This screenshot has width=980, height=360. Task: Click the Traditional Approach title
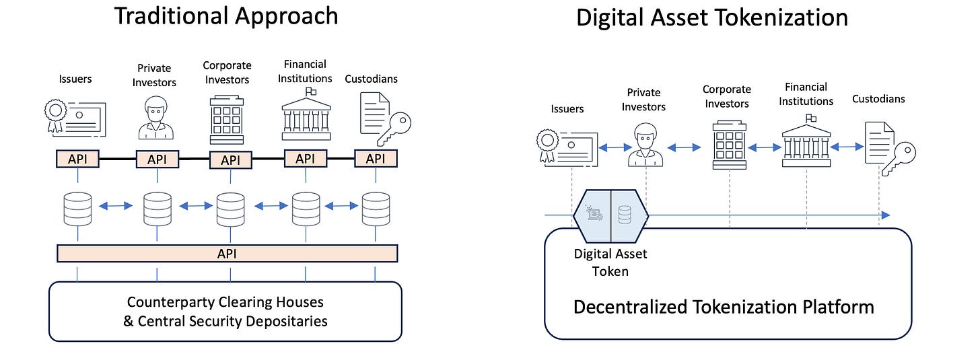tap(225, 15)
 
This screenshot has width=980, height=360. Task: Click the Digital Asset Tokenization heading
tap(711, 17)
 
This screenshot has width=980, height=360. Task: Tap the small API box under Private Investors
tap(157, 159)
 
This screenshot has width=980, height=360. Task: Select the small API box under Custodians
tap(375, 159)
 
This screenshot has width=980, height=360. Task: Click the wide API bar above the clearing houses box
tap(227, 254)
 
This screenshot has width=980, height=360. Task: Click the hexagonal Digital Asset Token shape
tap(610, 215)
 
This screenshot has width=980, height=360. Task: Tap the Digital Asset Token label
tap(610, 262)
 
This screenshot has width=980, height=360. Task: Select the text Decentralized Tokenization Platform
tap(724, 308)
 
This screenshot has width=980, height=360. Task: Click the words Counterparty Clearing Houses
tap(225, 301)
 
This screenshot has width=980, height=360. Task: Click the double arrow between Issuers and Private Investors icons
tap(611, 145)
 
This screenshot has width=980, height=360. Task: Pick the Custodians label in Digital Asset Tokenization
tap(878, 99)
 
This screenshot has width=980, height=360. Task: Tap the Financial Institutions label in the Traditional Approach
tap(306, 71)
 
